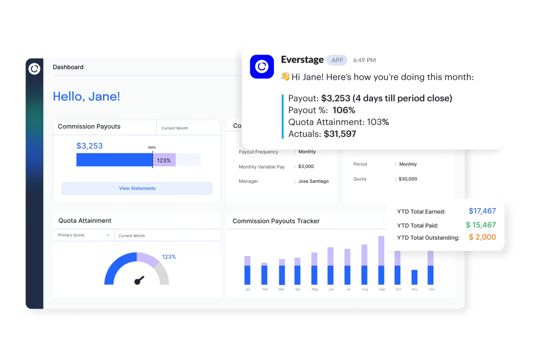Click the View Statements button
click(137, 188)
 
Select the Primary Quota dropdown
click(84, 235)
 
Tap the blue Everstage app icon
click(262, 67)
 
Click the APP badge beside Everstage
click(337, 60)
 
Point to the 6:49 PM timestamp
click(364, 60)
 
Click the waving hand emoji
click(285, 77)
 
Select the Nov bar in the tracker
click(414, 277)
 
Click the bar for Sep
click(381, 261)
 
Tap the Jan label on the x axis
click(247, 289)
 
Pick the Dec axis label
click(432, 289)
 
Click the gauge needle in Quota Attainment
click(139, 280)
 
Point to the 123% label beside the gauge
click(169, 257)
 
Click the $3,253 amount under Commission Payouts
click(89, 146)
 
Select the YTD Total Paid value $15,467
click(481, 225)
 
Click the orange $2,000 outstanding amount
click(482, 237)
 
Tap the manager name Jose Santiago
click(313, 181)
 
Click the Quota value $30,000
click(408, 179)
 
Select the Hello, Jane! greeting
click(86, 96)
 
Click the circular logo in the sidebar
click(34, 69)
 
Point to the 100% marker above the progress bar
click(152, 147)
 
